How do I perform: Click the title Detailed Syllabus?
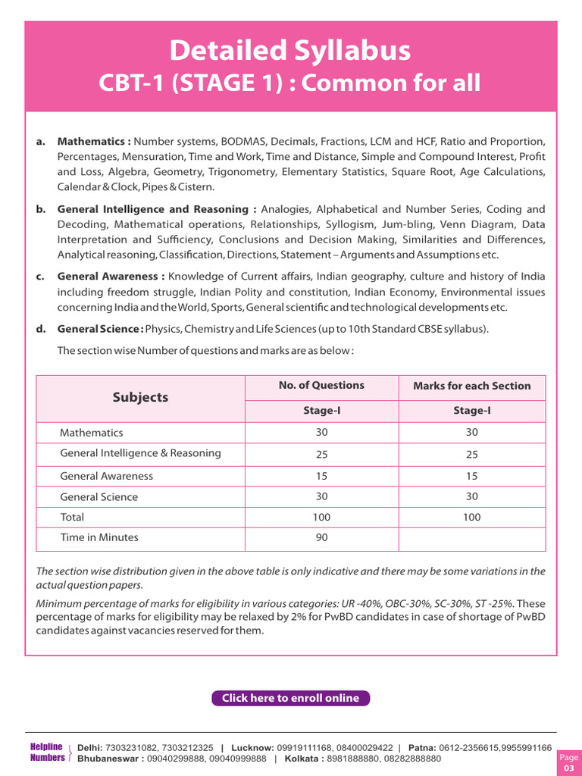coord(290,51)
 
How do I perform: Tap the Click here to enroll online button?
coord(290,698)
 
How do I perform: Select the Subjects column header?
coord(140,398)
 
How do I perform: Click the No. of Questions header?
coord(321,386)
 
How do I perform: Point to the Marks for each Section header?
coord(471,386)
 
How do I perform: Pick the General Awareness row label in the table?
coord(106,476)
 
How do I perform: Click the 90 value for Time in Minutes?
coord(321,538)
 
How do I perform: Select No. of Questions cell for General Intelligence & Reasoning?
coord(321,454)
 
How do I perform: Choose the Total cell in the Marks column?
coord(471,518)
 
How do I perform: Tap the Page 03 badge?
coord(568,763)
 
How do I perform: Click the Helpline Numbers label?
coord(46,753)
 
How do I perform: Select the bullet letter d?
coord(39,329)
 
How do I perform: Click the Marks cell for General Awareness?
coord(471,476)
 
